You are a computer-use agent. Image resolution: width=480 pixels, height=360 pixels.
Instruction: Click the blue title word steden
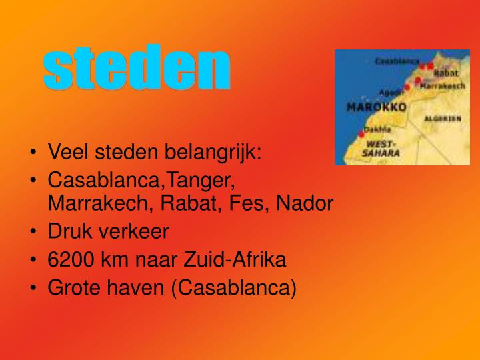137,69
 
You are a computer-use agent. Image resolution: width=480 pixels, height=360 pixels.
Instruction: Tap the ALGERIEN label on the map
443,118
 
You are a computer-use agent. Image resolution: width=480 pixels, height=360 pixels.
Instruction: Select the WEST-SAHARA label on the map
381,148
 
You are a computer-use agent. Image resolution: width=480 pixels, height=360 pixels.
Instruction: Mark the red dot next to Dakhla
361,134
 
